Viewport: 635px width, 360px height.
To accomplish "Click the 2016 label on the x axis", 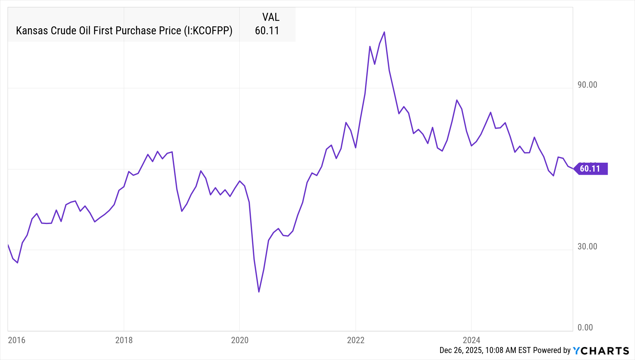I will pos(17,340).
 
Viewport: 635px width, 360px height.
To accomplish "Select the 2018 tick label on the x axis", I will pos(124,340).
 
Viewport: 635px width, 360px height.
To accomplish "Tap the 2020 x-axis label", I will pos(240,340).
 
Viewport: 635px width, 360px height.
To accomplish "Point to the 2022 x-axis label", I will pos(356,340).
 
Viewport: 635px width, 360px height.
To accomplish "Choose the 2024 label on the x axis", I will pos(471,340).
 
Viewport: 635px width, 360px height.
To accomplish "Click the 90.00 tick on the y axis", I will pos(587,85).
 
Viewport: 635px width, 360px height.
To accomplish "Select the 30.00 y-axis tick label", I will pos(587,247).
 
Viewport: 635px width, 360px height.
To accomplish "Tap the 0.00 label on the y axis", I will pos(585,328).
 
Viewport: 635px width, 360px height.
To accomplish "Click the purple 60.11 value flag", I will pos(591,169).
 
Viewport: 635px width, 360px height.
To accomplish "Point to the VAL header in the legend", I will pos(271,17).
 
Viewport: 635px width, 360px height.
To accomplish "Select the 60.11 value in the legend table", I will pos(267,31).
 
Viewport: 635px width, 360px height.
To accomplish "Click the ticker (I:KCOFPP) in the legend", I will pos(208,31).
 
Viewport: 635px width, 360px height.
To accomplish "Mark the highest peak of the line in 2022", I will pos(384,32).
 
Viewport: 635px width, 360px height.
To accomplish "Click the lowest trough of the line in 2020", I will pos(259,292).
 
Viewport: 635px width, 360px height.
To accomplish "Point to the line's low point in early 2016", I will pos(17,263).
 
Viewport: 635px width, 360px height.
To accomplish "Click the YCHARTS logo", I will pos(601,351).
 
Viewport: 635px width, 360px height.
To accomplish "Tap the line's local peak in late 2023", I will pos(457,100).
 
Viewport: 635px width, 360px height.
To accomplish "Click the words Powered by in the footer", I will pos(552,350).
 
